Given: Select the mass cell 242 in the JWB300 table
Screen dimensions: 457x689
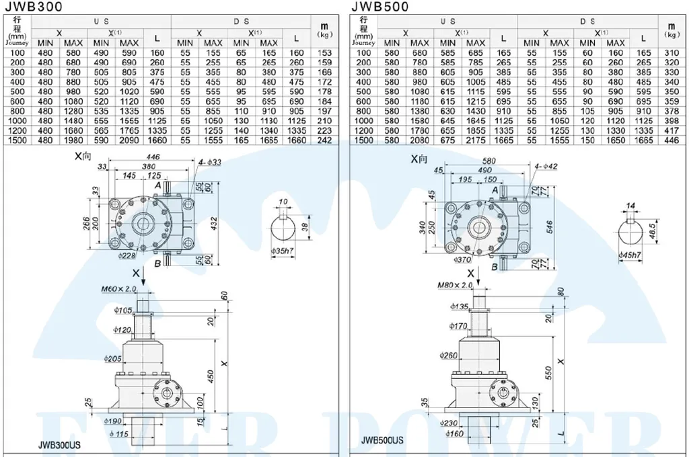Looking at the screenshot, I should coord(325,140).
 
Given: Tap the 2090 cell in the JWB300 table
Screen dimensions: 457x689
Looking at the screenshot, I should coord(129,140).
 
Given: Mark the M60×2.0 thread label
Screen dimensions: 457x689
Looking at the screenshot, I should coord(119,290).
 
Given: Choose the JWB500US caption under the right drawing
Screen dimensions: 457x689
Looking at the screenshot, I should coord(382,441).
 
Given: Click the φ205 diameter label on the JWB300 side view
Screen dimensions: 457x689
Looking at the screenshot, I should coord(112,358).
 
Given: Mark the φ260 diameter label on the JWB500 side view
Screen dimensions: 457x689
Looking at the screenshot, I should coord(448,355).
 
